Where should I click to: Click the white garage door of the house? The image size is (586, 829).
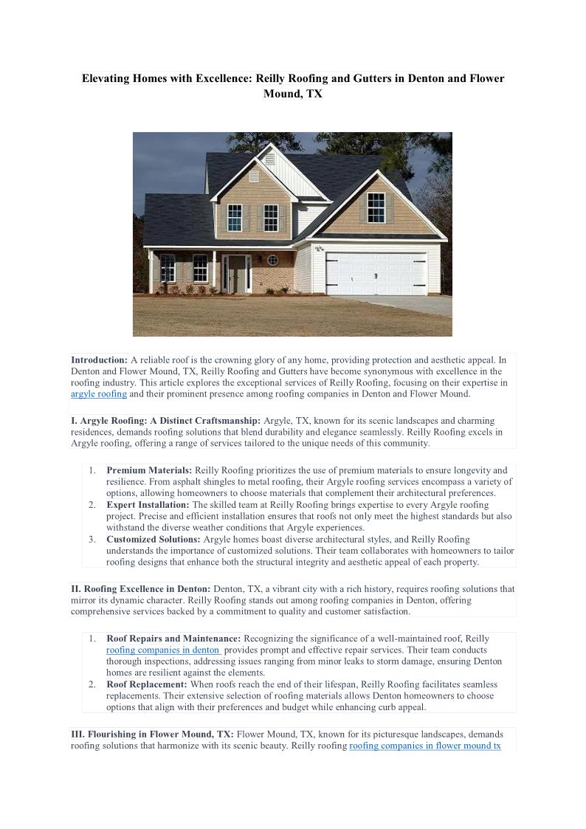click(x=376, y=274)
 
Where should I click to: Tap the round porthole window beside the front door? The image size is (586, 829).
click(x=272, y=260)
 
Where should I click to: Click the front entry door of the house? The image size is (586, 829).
click(x=237, y=273)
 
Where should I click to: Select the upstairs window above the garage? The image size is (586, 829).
click(x=376, y=207)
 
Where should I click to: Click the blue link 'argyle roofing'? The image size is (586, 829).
click(x=99, y=394)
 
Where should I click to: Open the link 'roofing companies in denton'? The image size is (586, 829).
click(x=163, y=650)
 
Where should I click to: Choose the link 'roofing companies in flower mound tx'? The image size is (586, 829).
click(x=425, y=746)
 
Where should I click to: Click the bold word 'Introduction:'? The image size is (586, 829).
click(x=99, y=360)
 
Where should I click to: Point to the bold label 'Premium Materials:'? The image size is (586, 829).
click(x=149, y=470)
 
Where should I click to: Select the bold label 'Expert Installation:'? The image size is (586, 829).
click(x=148, y=505)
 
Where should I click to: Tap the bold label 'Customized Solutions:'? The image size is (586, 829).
click(x=153, y=540)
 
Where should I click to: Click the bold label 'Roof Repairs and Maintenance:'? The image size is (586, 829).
click(x=173, y=639)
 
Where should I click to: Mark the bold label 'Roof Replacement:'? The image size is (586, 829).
click(x=146, y=684)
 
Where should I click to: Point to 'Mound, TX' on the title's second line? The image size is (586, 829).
click(x=293, y=94)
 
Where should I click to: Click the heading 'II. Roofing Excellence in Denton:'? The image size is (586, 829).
click(x=140, y=589)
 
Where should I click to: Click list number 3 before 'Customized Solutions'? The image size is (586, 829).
click(x=92, y=540)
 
